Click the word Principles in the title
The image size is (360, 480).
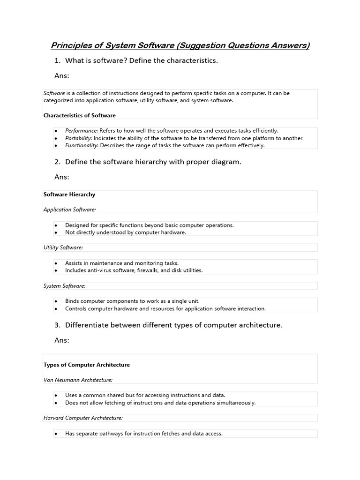[x=70, y=45]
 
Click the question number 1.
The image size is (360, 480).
[x=57, y=60]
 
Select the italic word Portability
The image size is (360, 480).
[x=78, y=138]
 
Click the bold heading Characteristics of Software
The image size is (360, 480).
[x=79, y=115]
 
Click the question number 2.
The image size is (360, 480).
[x=57, y=162]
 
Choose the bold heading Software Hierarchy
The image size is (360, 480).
[x=69, y=194]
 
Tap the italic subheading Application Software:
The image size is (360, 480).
[x=69, y=210]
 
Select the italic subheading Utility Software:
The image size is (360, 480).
[x=63, y=247]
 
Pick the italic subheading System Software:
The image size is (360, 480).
[x=64, y=285]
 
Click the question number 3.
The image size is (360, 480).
[x=57, y=325]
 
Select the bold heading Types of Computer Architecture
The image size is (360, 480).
[x=87, y=365]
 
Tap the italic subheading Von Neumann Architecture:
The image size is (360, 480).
[x=78, y=380]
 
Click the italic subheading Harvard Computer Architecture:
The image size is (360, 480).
[x=83, y=418]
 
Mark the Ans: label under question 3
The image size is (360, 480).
[x=62, y=340]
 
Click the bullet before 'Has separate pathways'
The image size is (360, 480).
[x=56, y=434]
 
